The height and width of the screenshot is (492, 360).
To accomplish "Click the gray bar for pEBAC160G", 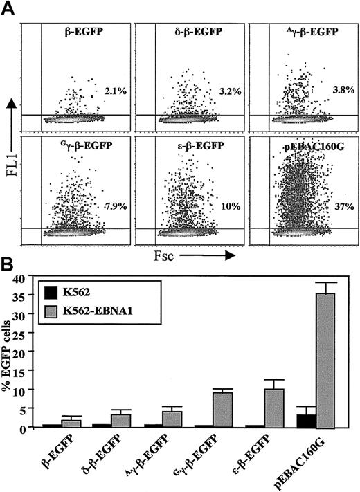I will pyautogui.click(x=323, y=360).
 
